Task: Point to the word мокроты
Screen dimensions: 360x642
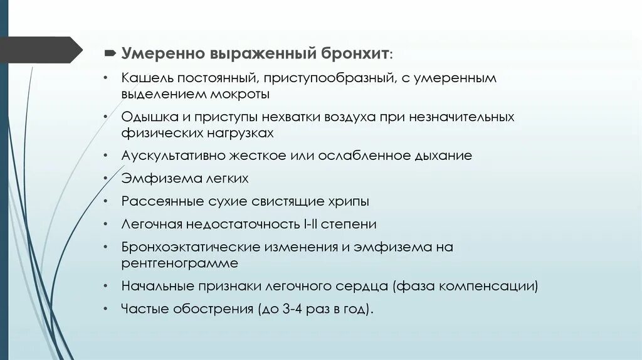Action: click(x=239, y=94)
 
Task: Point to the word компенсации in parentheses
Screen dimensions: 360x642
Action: click(x=494, y=287)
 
